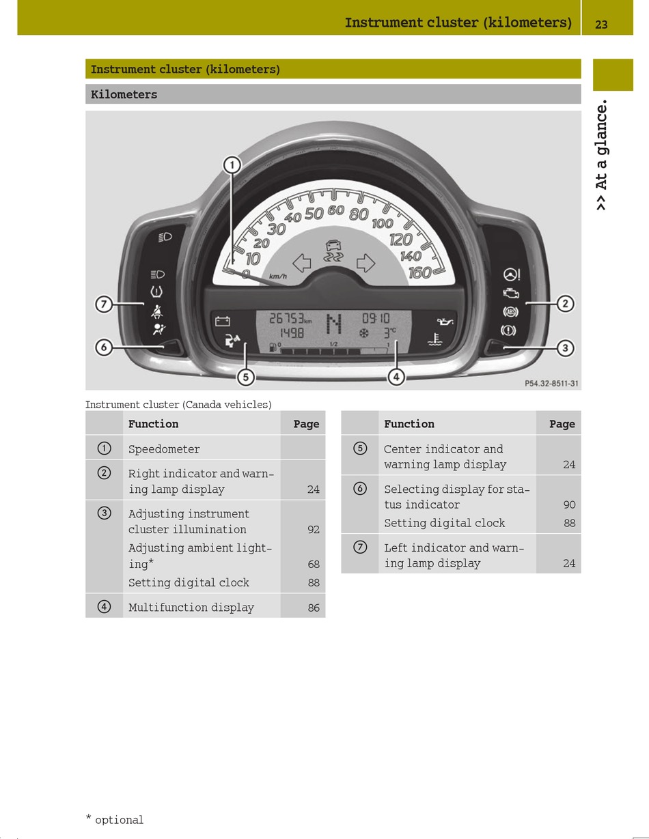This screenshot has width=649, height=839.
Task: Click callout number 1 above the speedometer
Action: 232,165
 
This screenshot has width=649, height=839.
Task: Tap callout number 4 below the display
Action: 396,376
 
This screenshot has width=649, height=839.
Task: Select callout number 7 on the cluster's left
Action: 103,304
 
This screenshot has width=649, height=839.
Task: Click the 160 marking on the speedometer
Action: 419,273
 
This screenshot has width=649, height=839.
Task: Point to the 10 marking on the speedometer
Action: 253,259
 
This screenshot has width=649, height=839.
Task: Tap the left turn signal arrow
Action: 302,262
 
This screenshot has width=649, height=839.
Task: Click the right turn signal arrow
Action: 366,262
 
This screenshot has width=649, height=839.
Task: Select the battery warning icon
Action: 223,321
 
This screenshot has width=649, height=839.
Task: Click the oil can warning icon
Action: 445,322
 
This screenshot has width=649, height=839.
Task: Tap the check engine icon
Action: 510,294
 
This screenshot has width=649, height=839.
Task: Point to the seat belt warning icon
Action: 157,312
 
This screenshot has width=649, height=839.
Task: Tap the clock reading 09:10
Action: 376,318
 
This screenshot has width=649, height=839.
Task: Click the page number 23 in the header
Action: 601,24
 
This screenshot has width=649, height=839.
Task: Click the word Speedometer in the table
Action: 164,449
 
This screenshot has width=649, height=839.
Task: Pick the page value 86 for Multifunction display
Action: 313,608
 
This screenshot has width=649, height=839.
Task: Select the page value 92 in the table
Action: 313,530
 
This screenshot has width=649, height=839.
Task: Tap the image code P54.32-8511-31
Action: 551,384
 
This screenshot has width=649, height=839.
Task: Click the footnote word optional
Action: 119,820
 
